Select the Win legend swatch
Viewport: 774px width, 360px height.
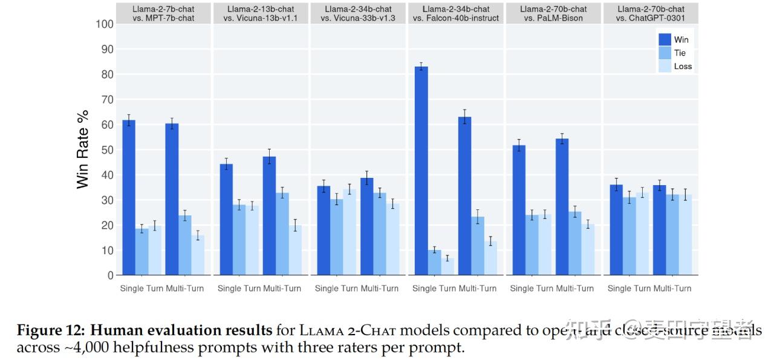tap(665, 39)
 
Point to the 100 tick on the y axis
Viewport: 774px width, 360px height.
tap(104, 24)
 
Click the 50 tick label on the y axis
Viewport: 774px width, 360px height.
tap(106, 149)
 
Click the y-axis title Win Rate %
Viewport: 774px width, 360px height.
tap(83, 149)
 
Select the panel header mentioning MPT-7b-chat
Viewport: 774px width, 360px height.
tap(163, 13)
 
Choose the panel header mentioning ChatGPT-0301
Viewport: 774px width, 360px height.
tap(650, 13)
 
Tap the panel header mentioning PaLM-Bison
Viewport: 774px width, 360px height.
tap(553, 13)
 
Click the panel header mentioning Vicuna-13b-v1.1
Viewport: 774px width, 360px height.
tap(261, 13)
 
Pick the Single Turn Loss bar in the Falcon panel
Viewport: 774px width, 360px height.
tap(447, 267)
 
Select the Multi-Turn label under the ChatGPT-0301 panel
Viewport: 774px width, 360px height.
tap(672, 289)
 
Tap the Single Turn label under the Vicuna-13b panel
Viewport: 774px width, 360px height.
tap(239, 289)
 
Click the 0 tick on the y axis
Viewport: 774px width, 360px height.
tap(110, 275)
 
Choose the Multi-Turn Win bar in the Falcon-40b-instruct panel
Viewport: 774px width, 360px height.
tap(464, 196)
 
